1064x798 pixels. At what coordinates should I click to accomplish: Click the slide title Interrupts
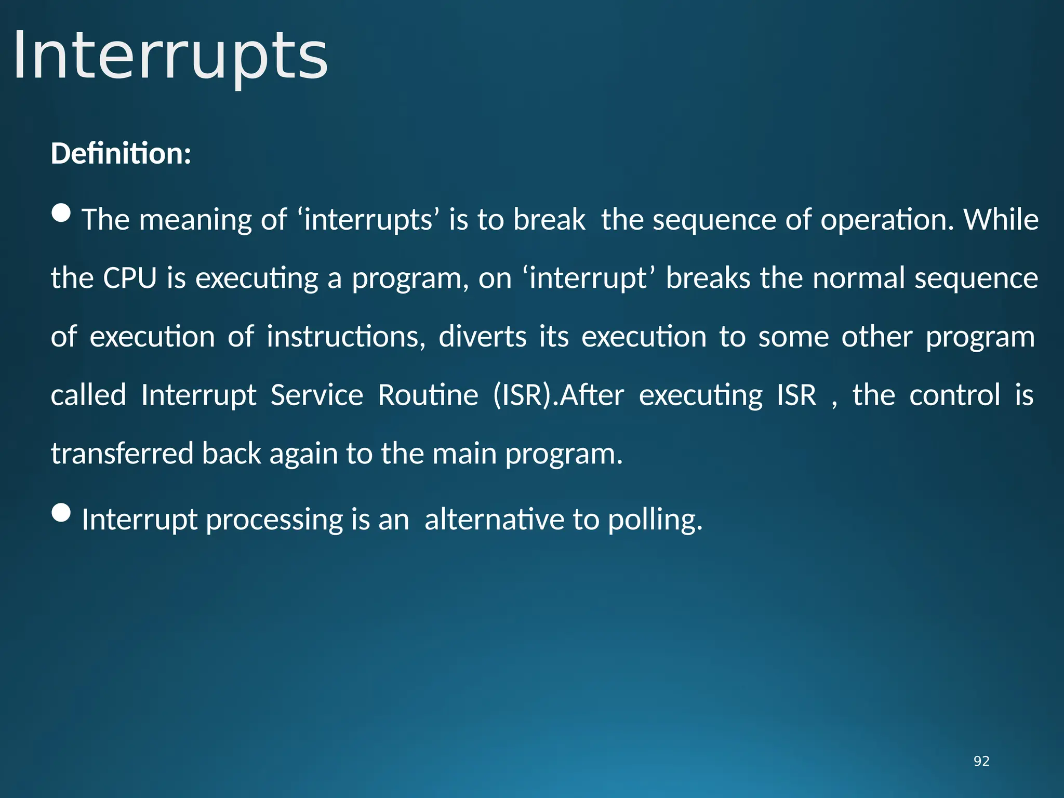click(170, 56)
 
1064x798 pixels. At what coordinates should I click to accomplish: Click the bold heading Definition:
click(121, 154)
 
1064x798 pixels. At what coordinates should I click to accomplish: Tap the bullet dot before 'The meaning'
click(62, 212)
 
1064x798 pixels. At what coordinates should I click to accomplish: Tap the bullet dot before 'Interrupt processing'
click(62, 512)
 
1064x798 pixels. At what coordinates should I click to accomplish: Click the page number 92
click(981, 761)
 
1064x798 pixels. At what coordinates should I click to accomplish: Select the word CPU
click(130, 278)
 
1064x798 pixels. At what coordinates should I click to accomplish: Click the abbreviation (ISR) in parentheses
click(524, 395)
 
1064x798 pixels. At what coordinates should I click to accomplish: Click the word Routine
click(428, 395)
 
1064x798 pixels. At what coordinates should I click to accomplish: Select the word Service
click(317, 395)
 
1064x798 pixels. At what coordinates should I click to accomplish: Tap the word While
click(1001, 220)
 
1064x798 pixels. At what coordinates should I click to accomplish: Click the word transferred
click(122, 454)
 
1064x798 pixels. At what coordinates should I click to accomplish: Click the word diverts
click(483, 337)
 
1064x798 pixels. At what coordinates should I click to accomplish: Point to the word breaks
click(708, 278)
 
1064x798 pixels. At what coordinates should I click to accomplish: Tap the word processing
click(274, 520)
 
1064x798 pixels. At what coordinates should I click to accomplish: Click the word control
click(954, 395)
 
